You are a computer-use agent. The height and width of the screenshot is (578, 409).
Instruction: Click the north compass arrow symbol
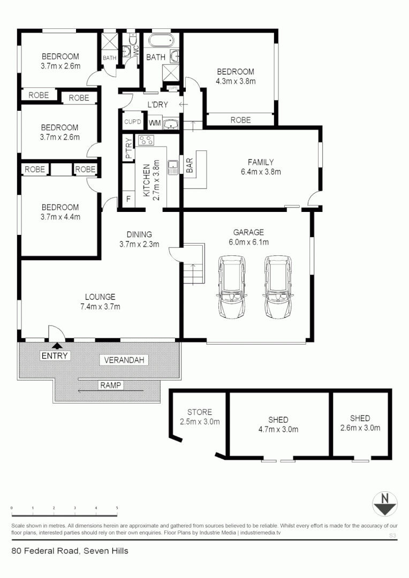pos(384,504)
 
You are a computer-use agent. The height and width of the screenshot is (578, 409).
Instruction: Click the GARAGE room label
pos(248,232)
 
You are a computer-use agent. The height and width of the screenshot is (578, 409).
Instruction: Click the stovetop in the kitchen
pos(145,141)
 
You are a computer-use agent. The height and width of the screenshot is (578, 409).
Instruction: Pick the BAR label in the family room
pos(190,168)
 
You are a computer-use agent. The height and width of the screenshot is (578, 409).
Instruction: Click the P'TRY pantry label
pos(128,148)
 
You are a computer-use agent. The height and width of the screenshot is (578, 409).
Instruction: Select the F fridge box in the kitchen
pos(128,200)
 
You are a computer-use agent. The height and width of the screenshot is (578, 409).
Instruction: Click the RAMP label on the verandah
pos(110,385)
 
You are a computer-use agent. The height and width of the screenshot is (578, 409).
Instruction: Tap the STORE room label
pos(199,412)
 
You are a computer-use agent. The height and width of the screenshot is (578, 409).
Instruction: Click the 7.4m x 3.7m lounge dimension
pos(100,307)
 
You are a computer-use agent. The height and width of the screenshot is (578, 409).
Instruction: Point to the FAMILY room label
pos(261,162)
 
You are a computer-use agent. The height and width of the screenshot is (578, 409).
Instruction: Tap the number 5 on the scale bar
pos(117,508)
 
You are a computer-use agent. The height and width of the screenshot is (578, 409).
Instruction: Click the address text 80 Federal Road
pos(46,550)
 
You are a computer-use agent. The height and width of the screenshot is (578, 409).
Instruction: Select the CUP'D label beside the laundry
pos(132,122)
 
